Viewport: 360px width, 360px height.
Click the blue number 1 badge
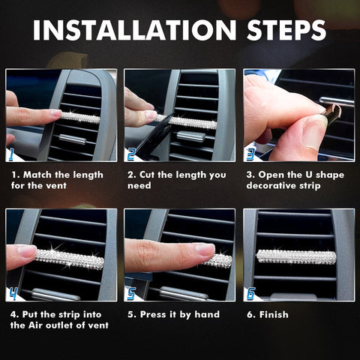12,155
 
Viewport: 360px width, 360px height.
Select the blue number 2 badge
131,155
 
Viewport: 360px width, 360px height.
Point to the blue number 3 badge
250,155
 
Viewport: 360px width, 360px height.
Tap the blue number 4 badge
12,294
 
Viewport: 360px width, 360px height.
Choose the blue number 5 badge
131,294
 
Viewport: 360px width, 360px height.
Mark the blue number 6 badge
250,294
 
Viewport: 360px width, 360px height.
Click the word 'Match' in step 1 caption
37,175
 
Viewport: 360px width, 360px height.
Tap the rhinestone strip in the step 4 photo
69,259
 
